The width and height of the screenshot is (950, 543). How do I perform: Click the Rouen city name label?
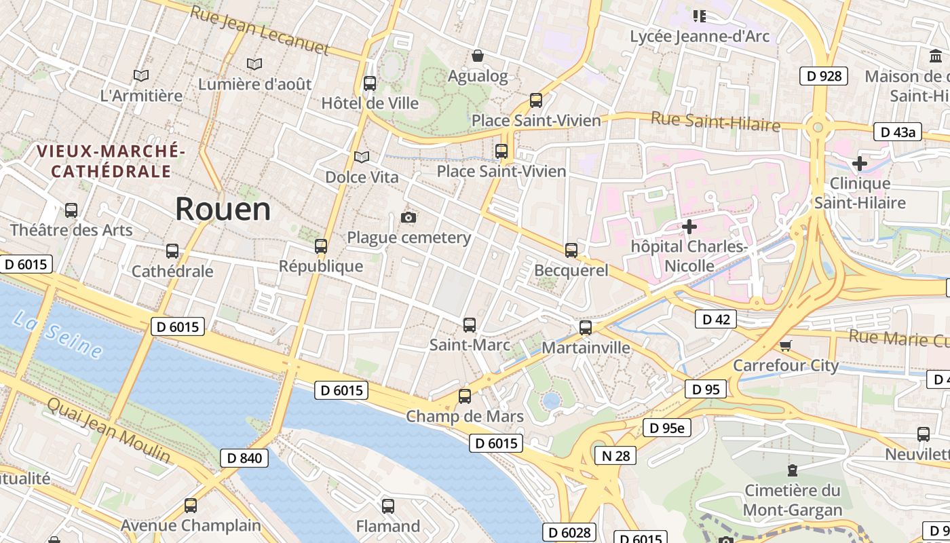223,209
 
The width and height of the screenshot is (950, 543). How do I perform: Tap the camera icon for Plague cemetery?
408,217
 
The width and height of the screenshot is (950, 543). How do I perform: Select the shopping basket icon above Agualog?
478,55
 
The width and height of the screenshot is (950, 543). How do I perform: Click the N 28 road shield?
615,455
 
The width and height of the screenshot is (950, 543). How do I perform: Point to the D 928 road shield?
824,75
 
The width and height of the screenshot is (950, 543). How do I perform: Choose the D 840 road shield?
244,458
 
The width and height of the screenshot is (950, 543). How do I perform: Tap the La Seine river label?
58,334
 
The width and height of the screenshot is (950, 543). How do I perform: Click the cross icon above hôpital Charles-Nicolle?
689,226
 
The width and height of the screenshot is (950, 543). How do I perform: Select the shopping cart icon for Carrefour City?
786,345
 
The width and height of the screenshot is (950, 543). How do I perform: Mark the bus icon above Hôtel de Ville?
370,83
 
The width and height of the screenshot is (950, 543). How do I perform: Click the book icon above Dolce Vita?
362,157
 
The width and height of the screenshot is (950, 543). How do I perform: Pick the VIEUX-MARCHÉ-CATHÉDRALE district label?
111,161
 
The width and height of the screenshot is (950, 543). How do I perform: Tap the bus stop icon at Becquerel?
571,250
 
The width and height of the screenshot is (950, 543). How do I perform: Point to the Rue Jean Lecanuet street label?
259,31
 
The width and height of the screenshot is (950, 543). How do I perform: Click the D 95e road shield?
667,428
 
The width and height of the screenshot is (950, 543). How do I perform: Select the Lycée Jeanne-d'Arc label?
700,36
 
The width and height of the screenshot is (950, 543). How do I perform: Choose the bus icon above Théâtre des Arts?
71,210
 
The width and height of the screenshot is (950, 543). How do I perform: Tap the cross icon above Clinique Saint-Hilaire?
860,163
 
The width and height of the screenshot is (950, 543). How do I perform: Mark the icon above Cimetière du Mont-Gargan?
792,470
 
